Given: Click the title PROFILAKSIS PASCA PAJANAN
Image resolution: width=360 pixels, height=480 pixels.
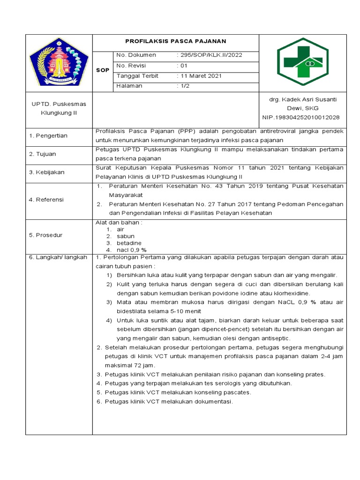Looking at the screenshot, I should point(175,41).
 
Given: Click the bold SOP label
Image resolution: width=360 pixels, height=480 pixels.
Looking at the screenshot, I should point(102,70).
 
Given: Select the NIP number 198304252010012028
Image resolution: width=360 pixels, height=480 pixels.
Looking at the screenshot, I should point(302,117).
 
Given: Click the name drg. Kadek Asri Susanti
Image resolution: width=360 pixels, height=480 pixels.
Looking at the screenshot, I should point(302,99).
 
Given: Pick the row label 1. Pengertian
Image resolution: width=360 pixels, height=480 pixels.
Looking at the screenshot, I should point(48,135).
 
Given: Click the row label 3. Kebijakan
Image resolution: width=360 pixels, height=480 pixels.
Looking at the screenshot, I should point(47,172).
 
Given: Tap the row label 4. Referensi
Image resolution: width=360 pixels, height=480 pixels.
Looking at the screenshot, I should point(47,200).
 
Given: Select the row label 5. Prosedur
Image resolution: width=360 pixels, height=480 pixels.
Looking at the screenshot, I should point(46,235).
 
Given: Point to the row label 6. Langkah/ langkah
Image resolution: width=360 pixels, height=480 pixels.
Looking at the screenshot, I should point(58,257).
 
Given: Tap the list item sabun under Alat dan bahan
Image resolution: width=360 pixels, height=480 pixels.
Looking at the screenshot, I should point(126,236).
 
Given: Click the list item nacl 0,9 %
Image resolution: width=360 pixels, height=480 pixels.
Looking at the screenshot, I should point(132,250).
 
